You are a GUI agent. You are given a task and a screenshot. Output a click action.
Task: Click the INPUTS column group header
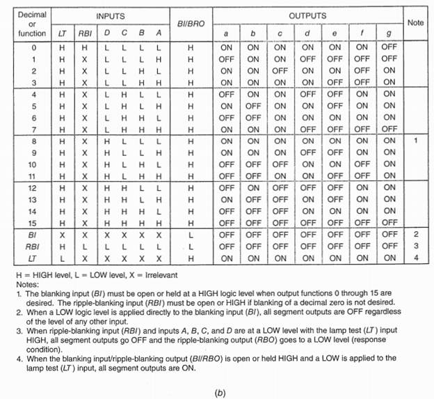[111, 15]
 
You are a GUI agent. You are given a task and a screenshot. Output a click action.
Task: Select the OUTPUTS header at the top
[307, 15]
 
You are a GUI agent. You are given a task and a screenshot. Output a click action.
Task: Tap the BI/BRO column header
[189, 24]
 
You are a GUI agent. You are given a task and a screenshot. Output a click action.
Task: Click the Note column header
[415, 22]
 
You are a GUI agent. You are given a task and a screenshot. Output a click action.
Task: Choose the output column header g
[389, 33]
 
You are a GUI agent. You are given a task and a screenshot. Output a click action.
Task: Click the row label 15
[32, 222]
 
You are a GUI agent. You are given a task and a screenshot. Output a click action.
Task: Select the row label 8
[32, 141]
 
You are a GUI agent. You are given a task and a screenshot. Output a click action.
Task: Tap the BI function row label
[32, 235]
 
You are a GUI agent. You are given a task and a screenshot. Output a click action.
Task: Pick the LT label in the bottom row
[32, 258]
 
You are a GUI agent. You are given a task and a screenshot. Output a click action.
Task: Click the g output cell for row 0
[389, 47]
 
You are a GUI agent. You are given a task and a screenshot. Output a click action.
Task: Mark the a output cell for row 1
[227, 59]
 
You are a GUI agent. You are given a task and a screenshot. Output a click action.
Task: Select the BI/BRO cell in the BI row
[189, 235]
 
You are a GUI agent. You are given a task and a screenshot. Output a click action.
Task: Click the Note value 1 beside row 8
[415, 141]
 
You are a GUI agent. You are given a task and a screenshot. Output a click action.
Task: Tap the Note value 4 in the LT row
[415, 258]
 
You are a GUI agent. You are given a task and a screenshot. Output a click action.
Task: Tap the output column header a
[227, 33]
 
